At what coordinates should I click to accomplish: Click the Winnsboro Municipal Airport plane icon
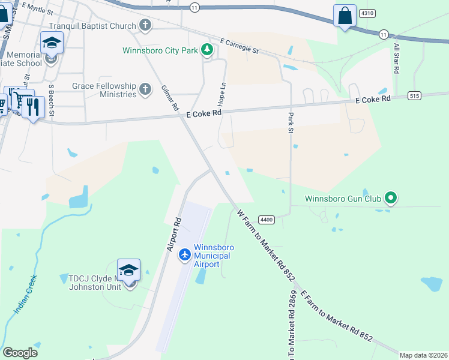pyautogui.click(x=184, y=255)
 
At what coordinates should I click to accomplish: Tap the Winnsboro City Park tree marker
pyautogui.click(x=207, y=50)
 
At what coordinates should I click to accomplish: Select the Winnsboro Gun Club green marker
pyautogui.click(x=391, y=197)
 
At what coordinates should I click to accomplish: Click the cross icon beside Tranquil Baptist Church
pyautogui.click(x=145, y=26)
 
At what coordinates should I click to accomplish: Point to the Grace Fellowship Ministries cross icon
pyautogui.click(x=145, y=90)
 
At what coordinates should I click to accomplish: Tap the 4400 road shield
pyautogui.click(x=267, y=220)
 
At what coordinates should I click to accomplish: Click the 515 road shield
pyautogui.click(x=413, y=96)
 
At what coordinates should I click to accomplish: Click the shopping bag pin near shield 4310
pyautogui.click(x=345, y=16)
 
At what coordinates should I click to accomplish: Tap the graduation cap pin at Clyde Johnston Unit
pyautogui.click(x=128, y=271)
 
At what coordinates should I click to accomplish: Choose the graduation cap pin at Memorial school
pyautogui.click(x=52, y=44)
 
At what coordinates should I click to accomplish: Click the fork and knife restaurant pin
pyautogui.click(x=33, y=107)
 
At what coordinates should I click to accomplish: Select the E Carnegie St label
pyautogui.click(x=238, y=46)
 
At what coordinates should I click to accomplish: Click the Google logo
pyautogui.click(x=20, y=353)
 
